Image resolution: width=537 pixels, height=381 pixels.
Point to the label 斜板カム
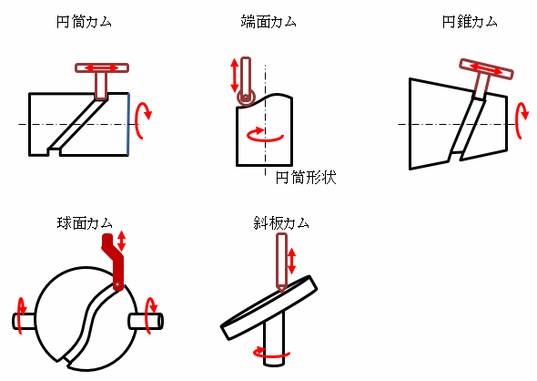(x=281, y=222)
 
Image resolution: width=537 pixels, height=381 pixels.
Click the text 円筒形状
(x=306, y=178)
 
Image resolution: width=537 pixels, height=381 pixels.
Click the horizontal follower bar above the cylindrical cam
(x=102, y=67)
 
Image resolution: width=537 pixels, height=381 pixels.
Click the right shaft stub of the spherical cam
(x=149, y=321)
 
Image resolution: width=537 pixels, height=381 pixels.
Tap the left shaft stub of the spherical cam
(x=25, y=321)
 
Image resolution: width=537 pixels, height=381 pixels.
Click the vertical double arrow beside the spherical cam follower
(x=122, y=241)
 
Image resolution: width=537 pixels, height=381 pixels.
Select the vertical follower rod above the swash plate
(x=281, y=261)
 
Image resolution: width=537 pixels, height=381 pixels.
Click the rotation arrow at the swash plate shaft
(x=271, y=351)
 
